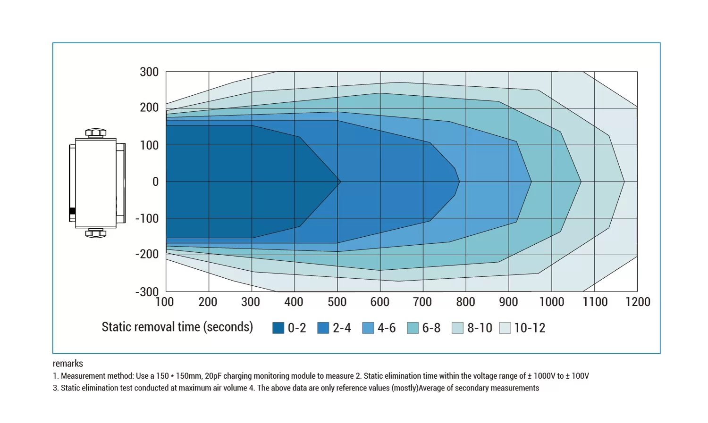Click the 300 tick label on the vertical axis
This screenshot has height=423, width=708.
pyautogui.click(x=149, y=72)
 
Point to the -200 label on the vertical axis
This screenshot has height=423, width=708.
pyautogui.click(x=147, y=254)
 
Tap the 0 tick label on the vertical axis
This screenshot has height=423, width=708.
pyautogui.click(x=155, y=182)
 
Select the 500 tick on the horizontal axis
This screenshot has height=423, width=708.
pyautogui.click(x=337, y=302)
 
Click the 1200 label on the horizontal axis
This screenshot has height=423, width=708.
pyautogui.click(x=638, y=302)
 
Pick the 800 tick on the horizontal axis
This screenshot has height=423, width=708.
pyautogui.click(x=465, y=302)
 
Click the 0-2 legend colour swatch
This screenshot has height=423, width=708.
pyautogui.click(x=278, y=328)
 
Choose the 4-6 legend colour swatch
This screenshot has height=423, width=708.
pyautogui.click(x=368, y=328)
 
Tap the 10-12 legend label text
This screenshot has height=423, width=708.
pyautogui.click(x=530, y=328)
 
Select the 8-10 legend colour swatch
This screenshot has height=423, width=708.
pyautogui.click(x=457, y=328)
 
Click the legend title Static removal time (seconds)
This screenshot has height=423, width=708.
pyautogui.click(x=177, y=327)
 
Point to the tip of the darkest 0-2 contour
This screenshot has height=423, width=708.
pyautogui.click(x=340, y=182)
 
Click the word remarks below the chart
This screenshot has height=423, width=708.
pyautogui.click(x=68, y=364)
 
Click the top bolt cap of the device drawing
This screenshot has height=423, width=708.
pyautogui.click(x=96, y=132)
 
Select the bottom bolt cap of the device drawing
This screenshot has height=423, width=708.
pyautogui.click(x=96, y=233)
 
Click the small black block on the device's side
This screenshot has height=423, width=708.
pyautogui.click(x=72, y=211)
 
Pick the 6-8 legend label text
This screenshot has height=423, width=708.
pyautogui.click(x=431, y=328)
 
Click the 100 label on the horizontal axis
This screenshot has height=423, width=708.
pyautogui.click(x=165, y=302)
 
